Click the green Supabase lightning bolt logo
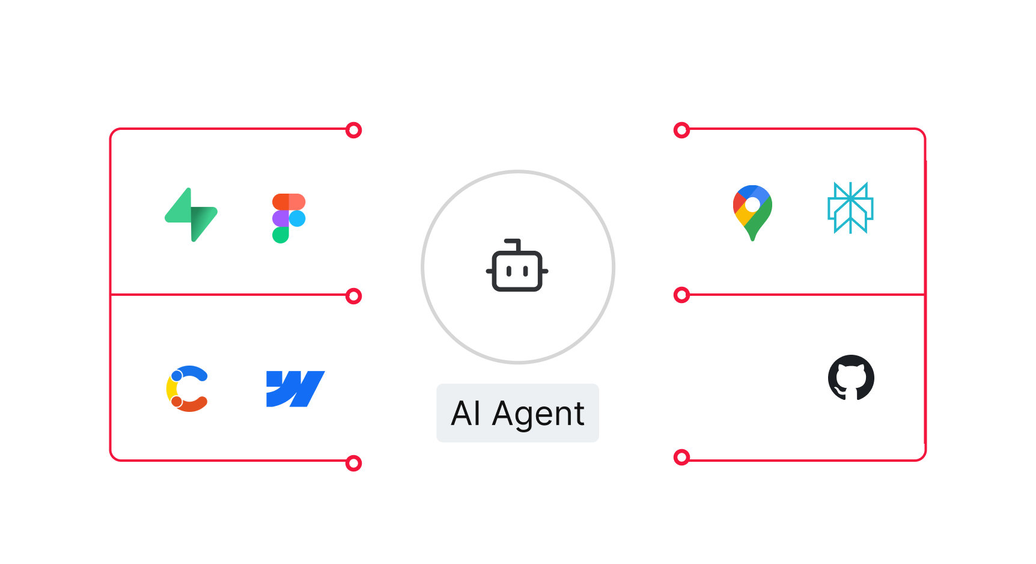tap(191, 215)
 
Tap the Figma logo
tap(288, 218)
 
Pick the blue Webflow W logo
tap(294, 388)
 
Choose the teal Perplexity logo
tap(850, 207)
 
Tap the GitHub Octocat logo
tap(851, 378)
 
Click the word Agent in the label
tap(538, 414)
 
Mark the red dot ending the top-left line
tap(354, 130)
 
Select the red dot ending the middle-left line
tap(354, 296)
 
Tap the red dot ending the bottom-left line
tap(354, 463)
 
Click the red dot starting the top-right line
tap(681, 130)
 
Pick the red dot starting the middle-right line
tap(681, 295)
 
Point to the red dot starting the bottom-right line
tap(681, 458)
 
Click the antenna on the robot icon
tap(514, 244)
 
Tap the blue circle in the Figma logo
tap(297, 218)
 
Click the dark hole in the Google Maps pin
tap(752, 204)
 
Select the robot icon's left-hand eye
tap(508, 271)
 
